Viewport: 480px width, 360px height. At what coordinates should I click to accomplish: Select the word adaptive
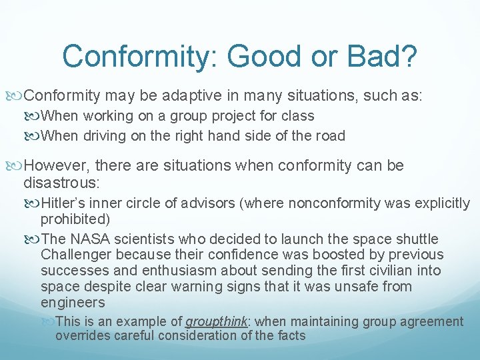tap(167, 95)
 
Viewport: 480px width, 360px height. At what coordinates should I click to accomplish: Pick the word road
tap(330, 136)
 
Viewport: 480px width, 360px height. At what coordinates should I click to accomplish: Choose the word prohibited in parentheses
tap(75, 219)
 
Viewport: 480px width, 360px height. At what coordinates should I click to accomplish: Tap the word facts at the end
tap(290, 335)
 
